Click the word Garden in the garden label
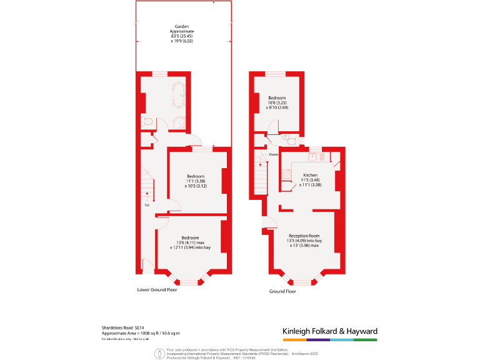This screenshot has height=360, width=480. click(x=182, y=26)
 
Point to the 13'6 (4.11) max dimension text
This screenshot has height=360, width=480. click(x=190, y=243)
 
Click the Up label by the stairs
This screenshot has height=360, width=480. click(x=147, y=204)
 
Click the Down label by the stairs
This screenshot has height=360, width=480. click(x=273, y=154)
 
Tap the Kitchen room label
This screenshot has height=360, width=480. click(x=310, y=175)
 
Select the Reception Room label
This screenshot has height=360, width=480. click(x=304, y=236)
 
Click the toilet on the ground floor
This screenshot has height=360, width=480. click(x=286, y=136)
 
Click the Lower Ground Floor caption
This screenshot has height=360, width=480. click(x=157, y=290)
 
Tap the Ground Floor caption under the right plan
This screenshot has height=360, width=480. click(x=282, y=291)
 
